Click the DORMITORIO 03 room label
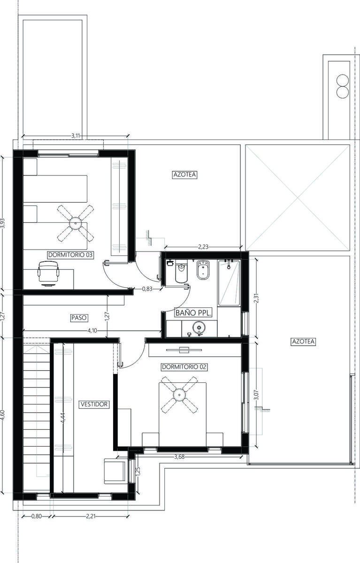click(x=71, y=255)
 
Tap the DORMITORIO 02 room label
click(x=184, y=367)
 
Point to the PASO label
click(x=79, y=318)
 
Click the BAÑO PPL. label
click(x=193, y=313)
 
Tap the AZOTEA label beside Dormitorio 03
click(x=185, y=175)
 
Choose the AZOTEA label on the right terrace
click(x=303, y=342)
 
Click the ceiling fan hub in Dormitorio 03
click(x=76, y=223)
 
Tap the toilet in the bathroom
click(x=181, y=272)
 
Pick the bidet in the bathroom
click(x=203, y=270)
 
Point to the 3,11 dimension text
click(x=76, y=136)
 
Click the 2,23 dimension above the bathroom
click(x=203, y=247)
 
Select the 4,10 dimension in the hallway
click(x=92, y=330)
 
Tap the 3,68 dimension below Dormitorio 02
click(x=179, y=456)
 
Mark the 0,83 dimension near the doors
click(x=147, y=289)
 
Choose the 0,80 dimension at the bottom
click(x=37, y=516)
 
